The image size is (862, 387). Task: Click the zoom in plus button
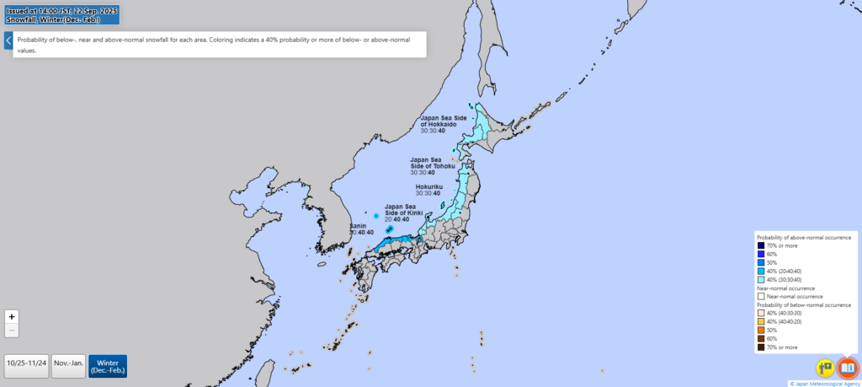pos(12,317)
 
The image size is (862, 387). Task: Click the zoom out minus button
pos(12,331)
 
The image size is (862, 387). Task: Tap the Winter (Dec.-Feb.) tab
pos(108,366)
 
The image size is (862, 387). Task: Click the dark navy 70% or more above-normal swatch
pos(760,245)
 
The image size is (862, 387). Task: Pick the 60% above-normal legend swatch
pos(760,254)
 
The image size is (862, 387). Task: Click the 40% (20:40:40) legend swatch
pos(760,271)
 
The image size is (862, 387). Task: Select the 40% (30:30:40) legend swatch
pos(760,279)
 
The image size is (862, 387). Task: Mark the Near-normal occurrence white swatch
pos(760,296)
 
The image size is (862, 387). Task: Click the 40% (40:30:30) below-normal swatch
pos(760,313)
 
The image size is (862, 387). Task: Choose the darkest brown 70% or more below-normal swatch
pos(760,347)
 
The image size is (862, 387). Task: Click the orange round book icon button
pos(847,368)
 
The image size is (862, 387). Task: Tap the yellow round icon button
pos(824,368)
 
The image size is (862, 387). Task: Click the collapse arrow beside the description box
pos(8,40)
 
